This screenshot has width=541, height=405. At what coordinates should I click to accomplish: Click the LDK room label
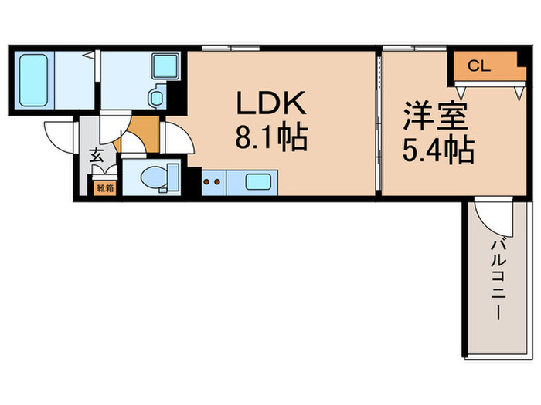pyautogui.click(x=271, y=103)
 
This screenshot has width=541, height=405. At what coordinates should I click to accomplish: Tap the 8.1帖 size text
pyautogui.click(x=271, y=137)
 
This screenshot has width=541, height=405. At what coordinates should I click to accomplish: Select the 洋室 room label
pyautogui.click(x=437, y=116)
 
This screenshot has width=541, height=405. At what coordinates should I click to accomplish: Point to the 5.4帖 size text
pyautogui.click(x=438, y=150)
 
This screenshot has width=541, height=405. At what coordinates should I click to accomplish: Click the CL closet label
pyautogui.click(x=479, y=66)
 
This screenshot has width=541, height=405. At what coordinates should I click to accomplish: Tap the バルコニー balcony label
pyautogui.click(x=498, y=279)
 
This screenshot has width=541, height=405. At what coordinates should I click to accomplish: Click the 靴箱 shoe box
pyautogui.click(x=105, y=188)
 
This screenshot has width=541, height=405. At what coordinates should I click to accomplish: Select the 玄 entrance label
pyautogui.click(x=97, y=156)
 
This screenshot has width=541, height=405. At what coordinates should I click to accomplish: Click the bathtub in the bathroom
pyautogui.click(x=33, y=80)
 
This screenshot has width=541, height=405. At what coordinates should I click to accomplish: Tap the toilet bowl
pyautogui.click(x=154, y=177)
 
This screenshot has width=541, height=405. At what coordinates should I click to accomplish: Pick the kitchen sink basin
pyautogui.click(x=258, y=182)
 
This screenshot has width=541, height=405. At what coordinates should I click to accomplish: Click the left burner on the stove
pyautogui.click(x=206, y=181)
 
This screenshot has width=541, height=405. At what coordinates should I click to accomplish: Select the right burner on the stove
pyautogui.click(x=217, y=181)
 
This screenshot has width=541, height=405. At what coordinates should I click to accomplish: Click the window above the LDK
pyautogui.click(x=231, y=48)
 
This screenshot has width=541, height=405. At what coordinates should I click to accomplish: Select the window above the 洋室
pyautogui.click(x=414, y=48)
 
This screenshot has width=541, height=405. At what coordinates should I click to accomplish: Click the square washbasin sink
pyautogui.click(x=165, y=66)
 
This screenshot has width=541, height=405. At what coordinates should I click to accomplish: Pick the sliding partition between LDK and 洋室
pyautogui.click(x=379, y=123)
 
